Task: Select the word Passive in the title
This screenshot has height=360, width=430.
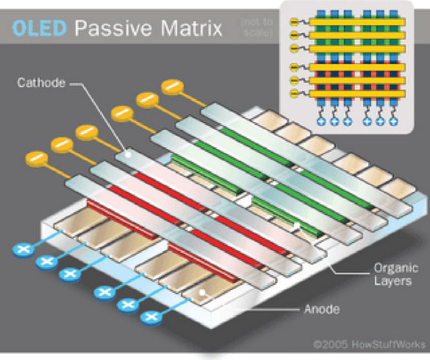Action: [107, 28]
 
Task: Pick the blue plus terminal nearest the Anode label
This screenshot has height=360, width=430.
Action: [151, 317]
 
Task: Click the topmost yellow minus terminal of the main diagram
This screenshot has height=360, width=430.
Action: [172, 86]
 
